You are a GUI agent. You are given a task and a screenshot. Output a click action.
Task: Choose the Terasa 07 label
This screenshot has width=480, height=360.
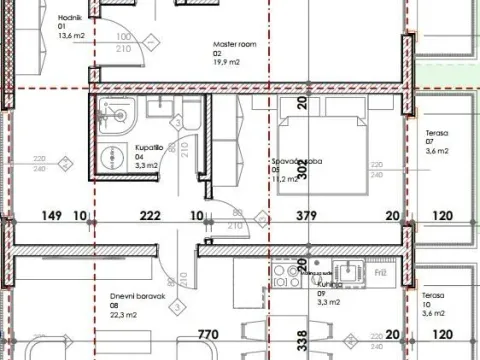click(x=435, y=133)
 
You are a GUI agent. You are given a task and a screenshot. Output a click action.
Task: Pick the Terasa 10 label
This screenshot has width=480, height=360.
click(x=433, y=296)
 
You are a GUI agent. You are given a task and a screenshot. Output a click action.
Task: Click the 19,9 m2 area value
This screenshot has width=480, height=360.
click(x=230, y=62)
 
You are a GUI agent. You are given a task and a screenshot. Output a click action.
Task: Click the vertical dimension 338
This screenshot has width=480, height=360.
click(x=303, y=340)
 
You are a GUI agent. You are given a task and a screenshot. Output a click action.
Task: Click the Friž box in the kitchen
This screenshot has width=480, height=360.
click(x=381, y=271)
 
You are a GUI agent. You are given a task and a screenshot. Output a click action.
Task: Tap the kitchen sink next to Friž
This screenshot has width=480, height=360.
click(x=350, y=271)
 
